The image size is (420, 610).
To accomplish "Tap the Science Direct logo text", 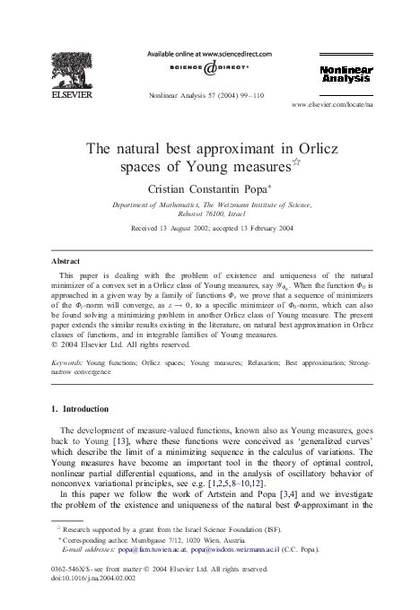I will coord(210,68).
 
